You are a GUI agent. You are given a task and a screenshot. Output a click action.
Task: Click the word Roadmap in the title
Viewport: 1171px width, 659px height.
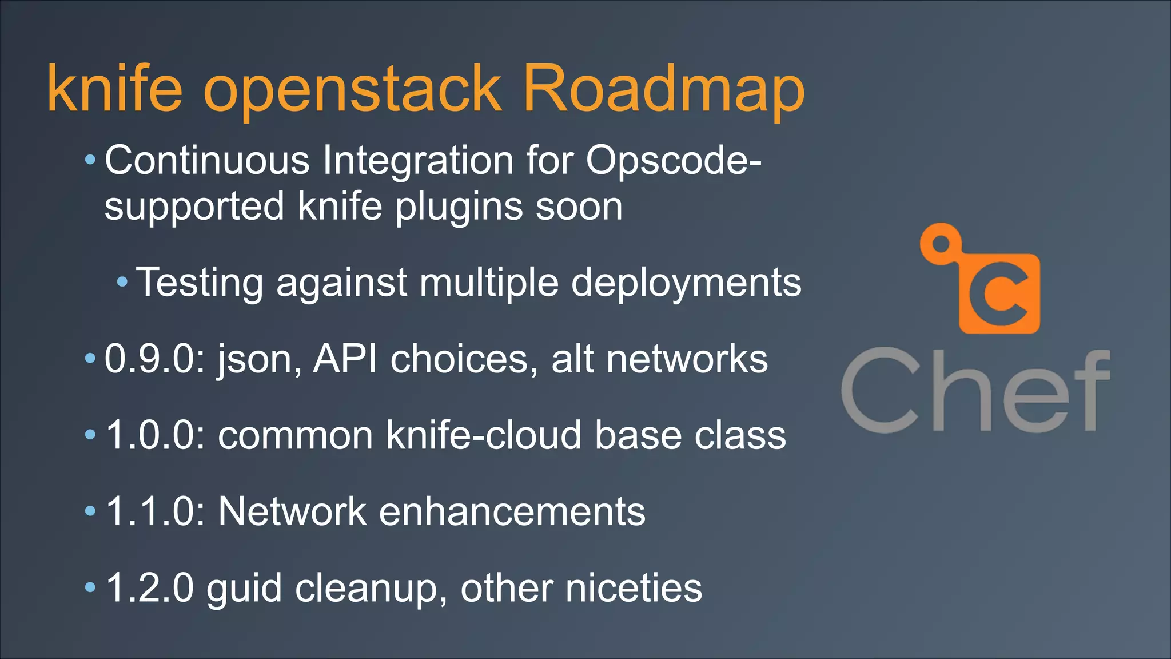click(663, 89)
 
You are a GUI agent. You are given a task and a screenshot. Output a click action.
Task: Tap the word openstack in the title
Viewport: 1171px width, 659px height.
click(352, 92)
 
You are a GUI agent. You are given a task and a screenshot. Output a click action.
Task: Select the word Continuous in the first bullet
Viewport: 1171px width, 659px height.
click(207, 160)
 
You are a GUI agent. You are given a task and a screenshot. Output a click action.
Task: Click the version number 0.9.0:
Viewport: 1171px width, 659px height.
click(155, 359)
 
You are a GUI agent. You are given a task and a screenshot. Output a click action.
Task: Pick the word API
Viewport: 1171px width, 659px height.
click(345, 359)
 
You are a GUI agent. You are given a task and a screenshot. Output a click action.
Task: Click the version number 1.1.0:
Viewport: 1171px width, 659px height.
click(156, 511)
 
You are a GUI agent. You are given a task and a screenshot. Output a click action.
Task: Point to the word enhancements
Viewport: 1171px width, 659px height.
click(512, 511)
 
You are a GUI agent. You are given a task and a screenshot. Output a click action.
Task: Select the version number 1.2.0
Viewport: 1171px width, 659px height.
click(150, 587)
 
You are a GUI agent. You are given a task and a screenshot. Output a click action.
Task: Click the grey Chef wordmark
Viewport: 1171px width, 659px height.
click(975, 390)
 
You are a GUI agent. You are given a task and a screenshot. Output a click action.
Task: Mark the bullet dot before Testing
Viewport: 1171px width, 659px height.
click(122, 281)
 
